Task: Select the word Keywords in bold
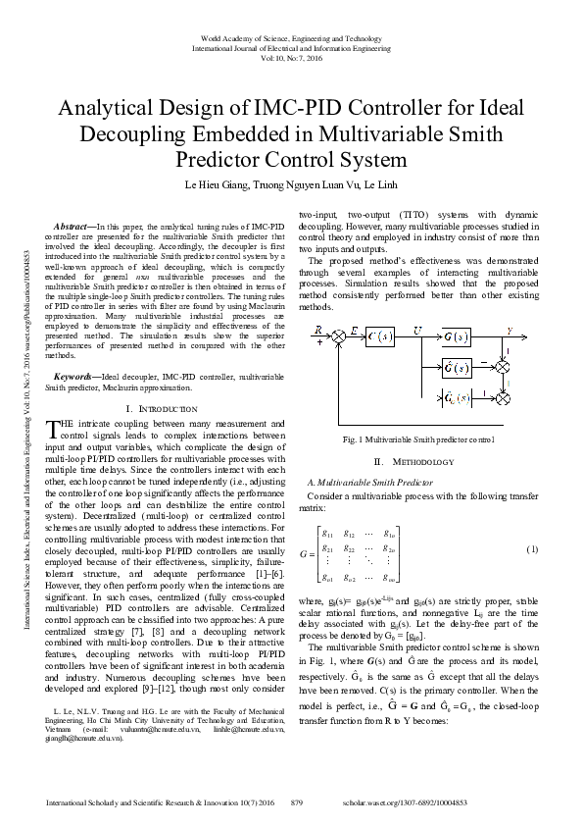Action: pos(74,376)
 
